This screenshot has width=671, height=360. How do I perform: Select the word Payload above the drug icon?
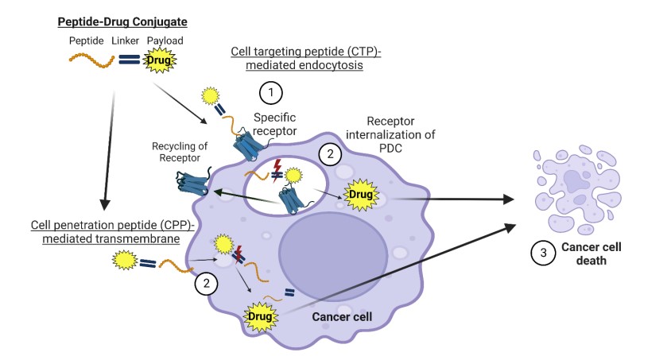[x=161, y=40]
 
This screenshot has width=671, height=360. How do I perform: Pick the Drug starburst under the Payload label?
[x=158, y=60]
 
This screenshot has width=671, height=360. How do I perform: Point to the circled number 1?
[x=272, y=93]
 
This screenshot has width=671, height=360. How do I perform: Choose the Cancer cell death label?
[x=591, y=254]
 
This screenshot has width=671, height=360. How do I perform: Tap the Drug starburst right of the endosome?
[x=359, y=194]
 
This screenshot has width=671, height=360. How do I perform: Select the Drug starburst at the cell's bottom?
[x=263, y=316]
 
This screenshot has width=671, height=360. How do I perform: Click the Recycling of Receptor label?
[x=175, y=151]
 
